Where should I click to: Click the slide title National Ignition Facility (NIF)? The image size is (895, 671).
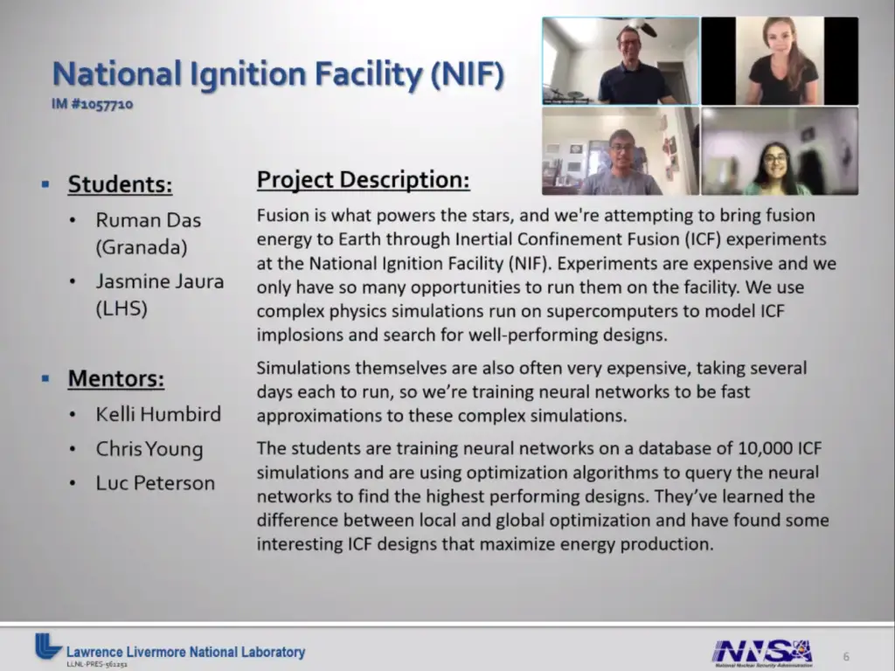(x=278, y=74)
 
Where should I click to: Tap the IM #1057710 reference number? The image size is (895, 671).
(x=92, y=104)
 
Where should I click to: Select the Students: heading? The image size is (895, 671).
(x=120, y=184)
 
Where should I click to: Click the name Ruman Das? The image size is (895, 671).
(x=149, y=220)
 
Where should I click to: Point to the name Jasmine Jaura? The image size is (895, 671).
(x=160, y=281)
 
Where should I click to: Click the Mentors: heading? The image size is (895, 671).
(x=116, y=378)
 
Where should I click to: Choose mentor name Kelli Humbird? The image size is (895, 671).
(x=158, y=414)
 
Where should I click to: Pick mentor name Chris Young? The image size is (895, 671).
(x=149, y=449)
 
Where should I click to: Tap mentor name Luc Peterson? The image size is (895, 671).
(x=156, y=483)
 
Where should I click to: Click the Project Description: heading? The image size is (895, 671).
(x=363, y=180)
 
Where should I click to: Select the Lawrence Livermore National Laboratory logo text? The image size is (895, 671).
(x=185, y=652)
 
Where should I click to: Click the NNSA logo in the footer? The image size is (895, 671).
(x=762, y=653)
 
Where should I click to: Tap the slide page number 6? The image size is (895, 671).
(x=846, y=657)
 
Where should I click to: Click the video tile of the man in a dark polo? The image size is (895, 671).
(x=621, y=61)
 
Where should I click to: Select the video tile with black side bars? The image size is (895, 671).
(x=780, y=61)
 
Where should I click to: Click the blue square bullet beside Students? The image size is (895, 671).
(x=45, y=184)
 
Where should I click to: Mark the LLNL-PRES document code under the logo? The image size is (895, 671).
(x=96, y=664)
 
